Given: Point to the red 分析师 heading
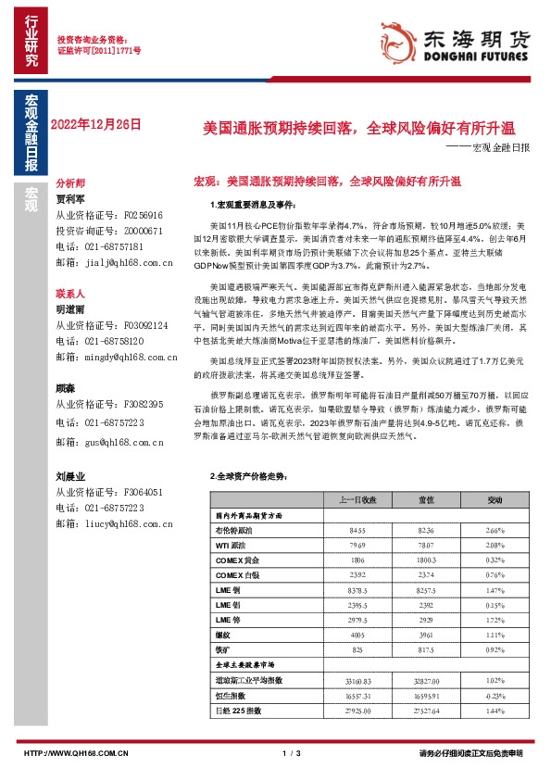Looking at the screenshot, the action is click(70, 183).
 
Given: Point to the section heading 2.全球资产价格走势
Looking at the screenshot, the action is click(244, 475).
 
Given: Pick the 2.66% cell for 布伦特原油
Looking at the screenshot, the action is click(495, 530).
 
